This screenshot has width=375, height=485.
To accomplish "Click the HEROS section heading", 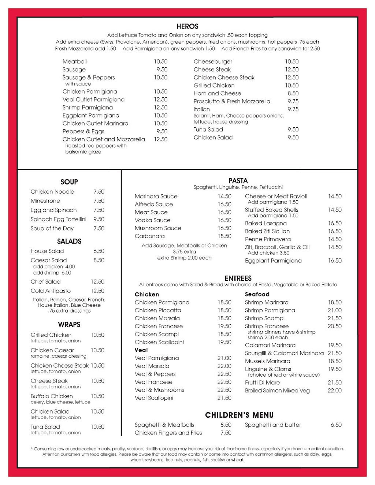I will click(x=187, y=26).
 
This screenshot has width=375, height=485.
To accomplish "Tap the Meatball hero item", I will click(x=75, y=61).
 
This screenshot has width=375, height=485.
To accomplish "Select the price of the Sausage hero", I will click(x=162, y=70).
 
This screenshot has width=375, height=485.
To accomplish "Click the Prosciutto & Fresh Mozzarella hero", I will click(x=232, y=101).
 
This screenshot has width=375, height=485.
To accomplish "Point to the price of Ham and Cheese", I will click(x=293, y=93).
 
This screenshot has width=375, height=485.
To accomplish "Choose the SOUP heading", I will click(x=69, y=182).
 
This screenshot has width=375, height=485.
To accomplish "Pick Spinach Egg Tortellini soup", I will click(x=59, y=219).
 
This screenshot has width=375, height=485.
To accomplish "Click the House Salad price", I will click(x=99, y=251).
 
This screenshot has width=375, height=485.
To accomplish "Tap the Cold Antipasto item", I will click(x=51, y=291).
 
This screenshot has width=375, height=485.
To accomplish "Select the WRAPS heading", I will click(x=69, y=325).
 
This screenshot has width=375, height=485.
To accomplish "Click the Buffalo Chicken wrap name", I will click(x=52, y=396).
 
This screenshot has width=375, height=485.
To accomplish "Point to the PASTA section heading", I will click(x=238, y=181).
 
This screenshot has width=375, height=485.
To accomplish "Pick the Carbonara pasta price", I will click(x=224, y=236).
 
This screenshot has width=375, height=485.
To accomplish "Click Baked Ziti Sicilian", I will click(x=267, y=231).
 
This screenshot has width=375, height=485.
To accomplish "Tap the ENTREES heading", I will click(x=238, y=278).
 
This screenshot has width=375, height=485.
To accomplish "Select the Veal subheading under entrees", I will click(x=141, y=350).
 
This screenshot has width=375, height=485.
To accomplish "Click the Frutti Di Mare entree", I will click(x=262, y=383).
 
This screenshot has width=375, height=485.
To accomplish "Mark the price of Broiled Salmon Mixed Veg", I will click(x=334, y=391).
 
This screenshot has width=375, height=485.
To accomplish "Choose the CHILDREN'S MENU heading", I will click(x=239, y=415).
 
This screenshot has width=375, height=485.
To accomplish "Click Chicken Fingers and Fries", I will click(x=168, y=433).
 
